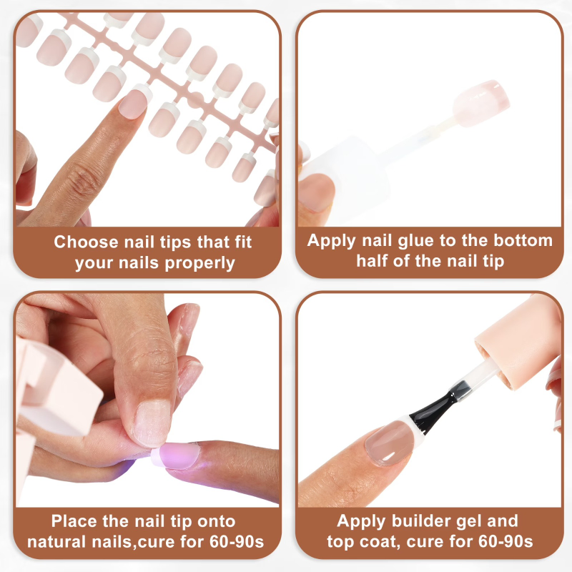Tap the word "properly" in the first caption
click(x=199, y=263)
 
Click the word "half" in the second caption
click(x=372, y=261)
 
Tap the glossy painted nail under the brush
click(x=389, y=442)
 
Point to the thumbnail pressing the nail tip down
click(x=152, y=423)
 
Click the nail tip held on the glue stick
click(x=480, y=103)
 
